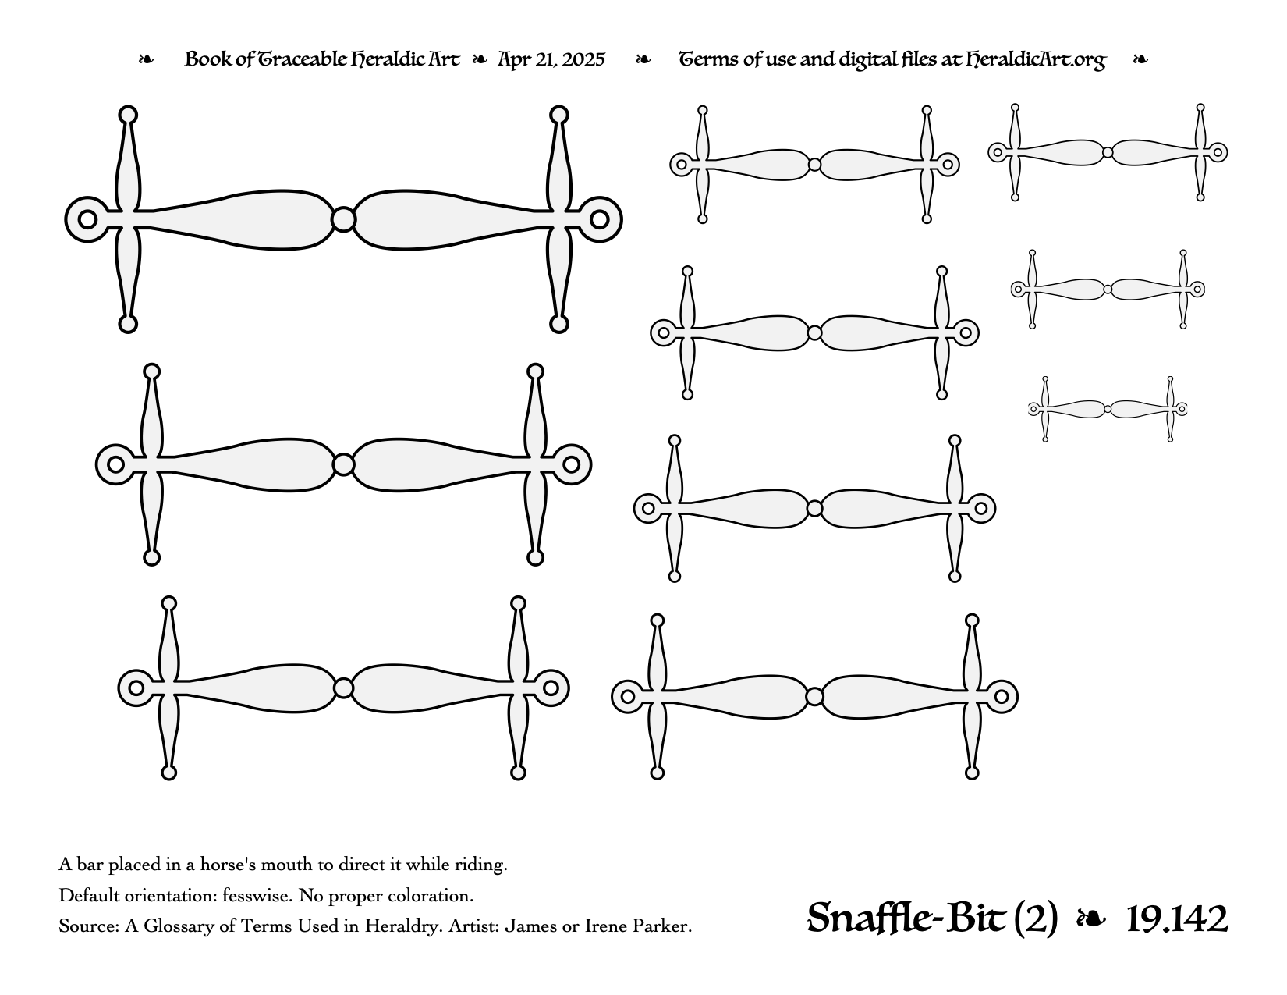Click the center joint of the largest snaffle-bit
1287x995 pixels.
[x=343, y=219]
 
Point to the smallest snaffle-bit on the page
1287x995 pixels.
[x=1108, y=409]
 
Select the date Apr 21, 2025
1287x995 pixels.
[x=551, y=59]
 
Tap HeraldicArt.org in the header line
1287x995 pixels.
[x=1035, y=60]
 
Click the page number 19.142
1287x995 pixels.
[x=1176, y=919]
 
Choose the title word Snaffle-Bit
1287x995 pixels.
[x=906, y=919]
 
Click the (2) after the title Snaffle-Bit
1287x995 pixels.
[x=1035, y=919]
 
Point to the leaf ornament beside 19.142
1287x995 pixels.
[x=1091, y=919]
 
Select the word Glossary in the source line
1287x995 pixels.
[x=179, y=926]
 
